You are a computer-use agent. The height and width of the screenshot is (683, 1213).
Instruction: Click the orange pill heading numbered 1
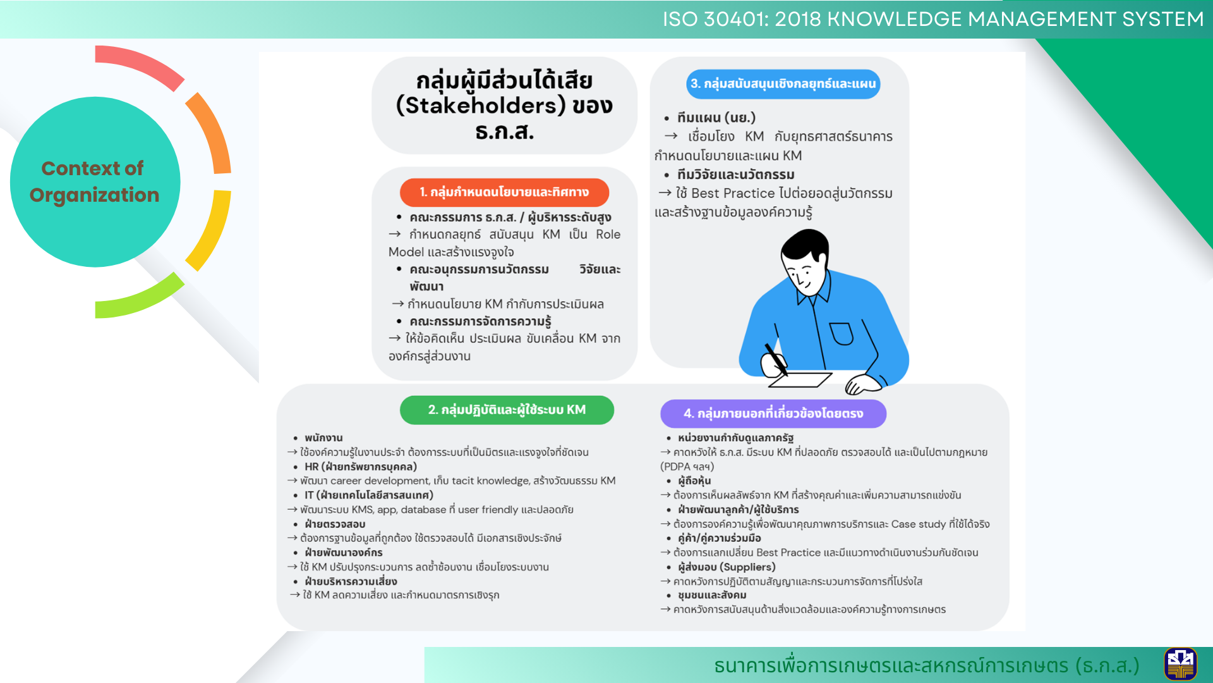(504, 192)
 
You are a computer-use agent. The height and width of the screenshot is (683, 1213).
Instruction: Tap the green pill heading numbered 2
(507, 410)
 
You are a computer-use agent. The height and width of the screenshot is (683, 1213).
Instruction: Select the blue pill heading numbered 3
(783, 84)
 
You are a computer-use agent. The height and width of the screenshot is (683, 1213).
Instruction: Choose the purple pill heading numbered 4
(773, 414)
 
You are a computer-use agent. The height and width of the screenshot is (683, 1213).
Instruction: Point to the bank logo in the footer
(1180, 664)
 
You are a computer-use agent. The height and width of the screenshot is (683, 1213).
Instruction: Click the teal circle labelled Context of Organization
(95, 182)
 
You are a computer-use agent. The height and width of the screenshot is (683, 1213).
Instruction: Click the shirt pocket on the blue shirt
(842, 333)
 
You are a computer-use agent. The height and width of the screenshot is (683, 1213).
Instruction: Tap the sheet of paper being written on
(799, 379)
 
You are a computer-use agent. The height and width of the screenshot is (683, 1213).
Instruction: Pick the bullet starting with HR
(361, 467)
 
